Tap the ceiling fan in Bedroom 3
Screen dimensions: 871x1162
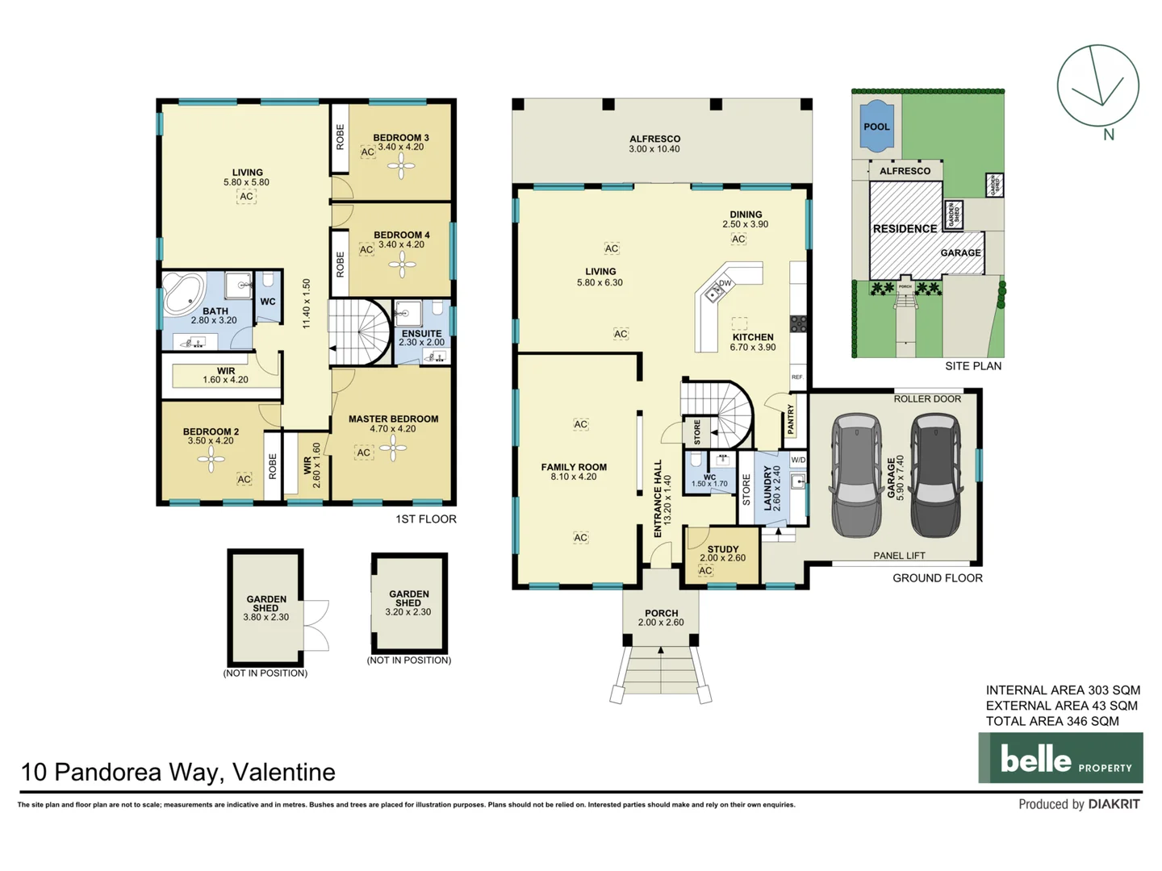click(x=401, y=166)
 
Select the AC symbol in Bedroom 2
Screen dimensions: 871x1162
click(x=244, y=480)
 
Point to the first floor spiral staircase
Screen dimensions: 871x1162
click(x=360, y=331)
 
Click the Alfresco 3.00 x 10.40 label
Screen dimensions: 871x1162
click(x=654, y=144)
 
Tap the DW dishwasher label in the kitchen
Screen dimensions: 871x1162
click(x=725, y=283)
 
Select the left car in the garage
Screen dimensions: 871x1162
click(x=856, y=475)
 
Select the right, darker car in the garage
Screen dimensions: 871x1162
click(x=936, y=475)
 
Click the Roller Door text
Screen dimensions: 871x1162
click(x=927, y=399)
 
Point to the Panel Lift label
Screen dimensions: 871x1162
click(x=899, y=556)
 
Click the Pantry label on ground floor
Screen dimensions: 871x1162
click(x=791, y=419)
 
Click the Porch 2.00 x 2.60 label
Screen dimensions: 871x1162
click(x=661, y=618)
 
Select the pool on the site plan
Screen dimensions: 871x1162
click(x=876, y=127)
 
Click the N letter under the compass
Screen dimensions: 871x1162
click(x=1109, y=135)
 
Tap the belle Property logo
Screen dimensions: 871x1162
click(x=1060, y=758)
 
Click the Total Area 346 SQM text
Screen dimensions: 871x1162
click(x=1052, y=722)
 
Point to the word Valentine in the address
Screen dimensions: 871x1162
click(x=283, y=773)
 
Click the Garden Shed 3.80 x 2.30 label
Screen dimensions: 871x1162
click(x=265, y=608)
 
